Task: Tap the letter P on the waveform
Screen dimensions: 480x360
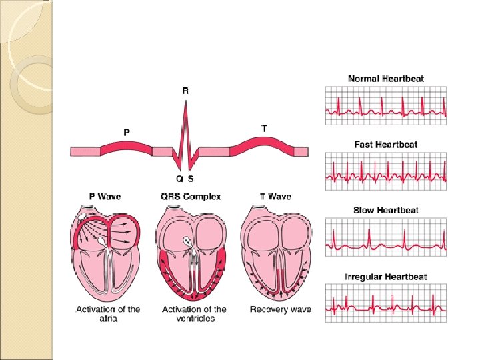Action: tap(127, 132)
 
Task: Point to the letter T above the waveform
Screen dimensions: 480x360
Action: tap(264, 128)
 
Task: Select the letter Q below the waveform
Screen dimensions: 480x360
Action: tap(179, 179)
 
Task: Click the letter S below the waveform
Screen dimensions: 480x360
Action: tap(191, 179)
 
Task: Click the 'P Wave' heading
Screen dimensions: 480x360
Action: tap(105, 197)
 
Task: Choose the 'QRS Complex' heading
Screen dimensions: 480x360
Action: tap(191, 197)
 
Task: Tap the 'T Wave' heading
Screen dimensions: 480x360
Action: tap(275, 197)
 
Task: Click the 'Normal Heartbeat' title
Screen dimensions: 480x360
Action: tap(385, 79)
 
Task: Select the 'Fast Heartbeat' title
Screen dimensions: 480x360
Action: tap(385, 145)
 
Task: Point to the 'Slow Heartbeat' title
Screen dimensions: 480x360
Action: tap(385, 211)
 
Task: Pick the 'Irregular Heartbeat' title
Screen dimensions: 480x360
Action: tap(385, 277)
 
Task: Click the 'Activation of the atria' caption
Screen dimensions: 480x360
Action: tap(108, 313)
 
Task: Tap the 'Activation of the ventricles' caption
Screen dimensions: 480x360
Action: tap(194, 313)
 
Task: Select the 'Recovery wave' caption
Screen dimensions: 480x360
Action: tap(280, 309)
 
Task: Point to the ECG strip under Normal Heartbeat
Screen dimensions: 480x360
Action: tap(385, 105)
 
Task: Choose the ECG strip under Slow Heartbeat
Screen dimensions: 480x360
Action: tap(385, 238)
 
